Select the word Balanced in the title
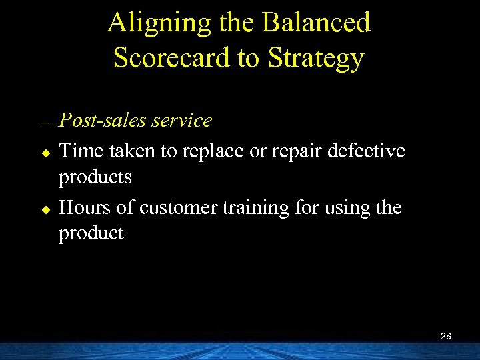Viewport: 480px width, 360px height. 316,23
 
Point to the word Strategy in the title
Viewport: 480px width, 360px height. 316,58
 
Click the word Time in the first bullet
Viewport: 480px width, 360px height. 79,151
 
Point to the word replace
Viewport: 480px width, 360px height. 212,152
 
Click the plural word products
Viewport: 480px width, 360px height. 95,178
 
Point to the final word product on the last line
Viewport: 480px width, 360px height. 91,234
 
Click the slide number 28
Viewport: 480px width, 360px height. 446,336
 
